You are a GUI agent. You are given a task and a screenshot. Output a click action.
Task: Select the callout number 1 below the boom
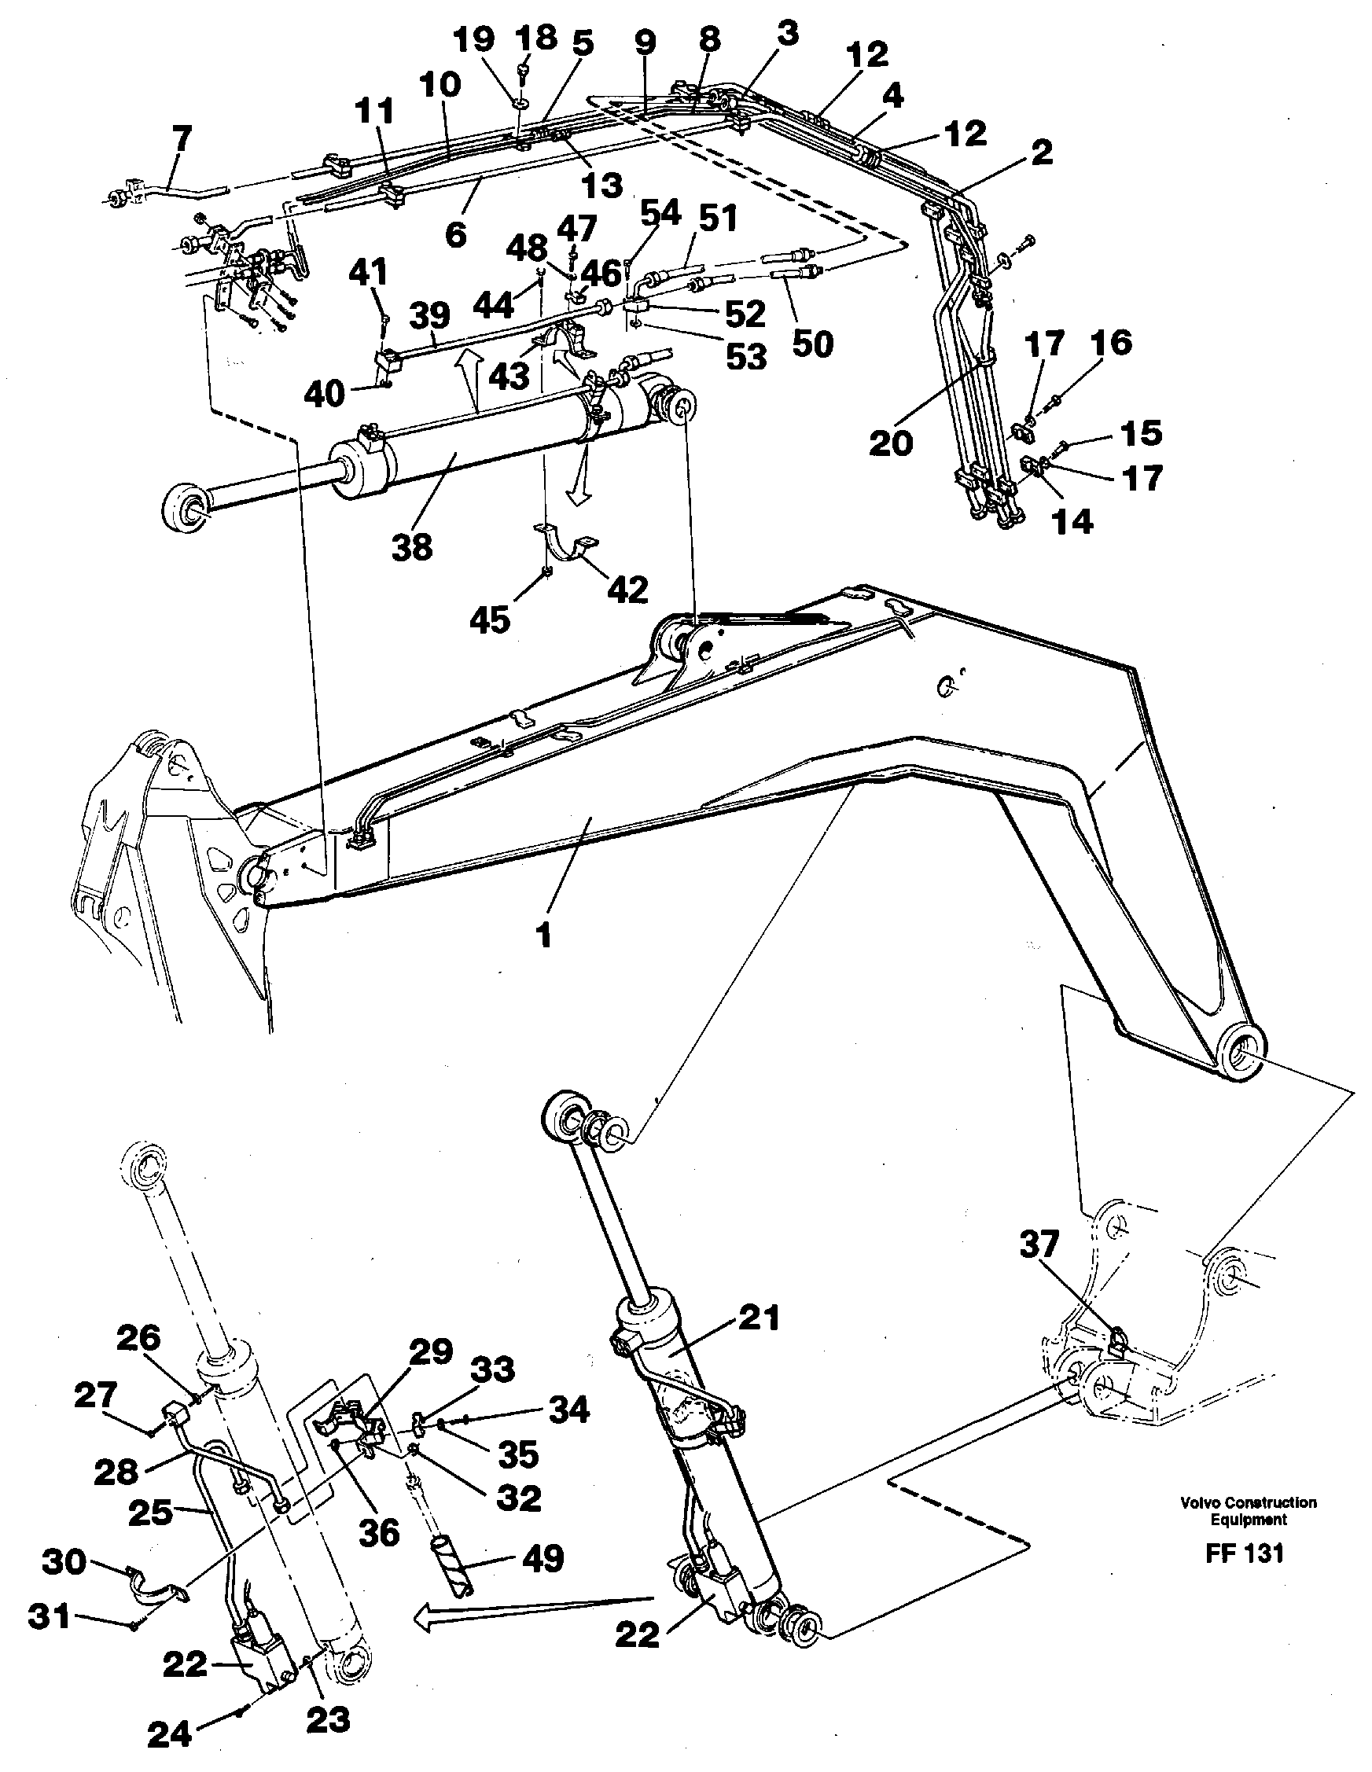coord(543,935)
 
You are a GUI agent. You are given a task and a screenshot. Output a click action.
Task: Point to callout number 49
coord(542,1558)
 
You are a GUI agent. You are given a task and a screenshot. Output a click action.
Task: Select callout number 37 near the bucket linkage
coord(1039,1245)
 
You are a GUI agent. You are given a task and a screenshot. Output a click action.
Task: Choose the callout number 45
coord(489,619)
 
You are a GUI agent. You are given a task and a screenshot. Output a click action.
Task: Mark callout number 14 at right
coord(1072,522)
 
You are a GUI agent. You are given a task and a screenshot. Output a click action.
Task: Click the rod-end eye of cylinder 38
coord(185,509)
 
